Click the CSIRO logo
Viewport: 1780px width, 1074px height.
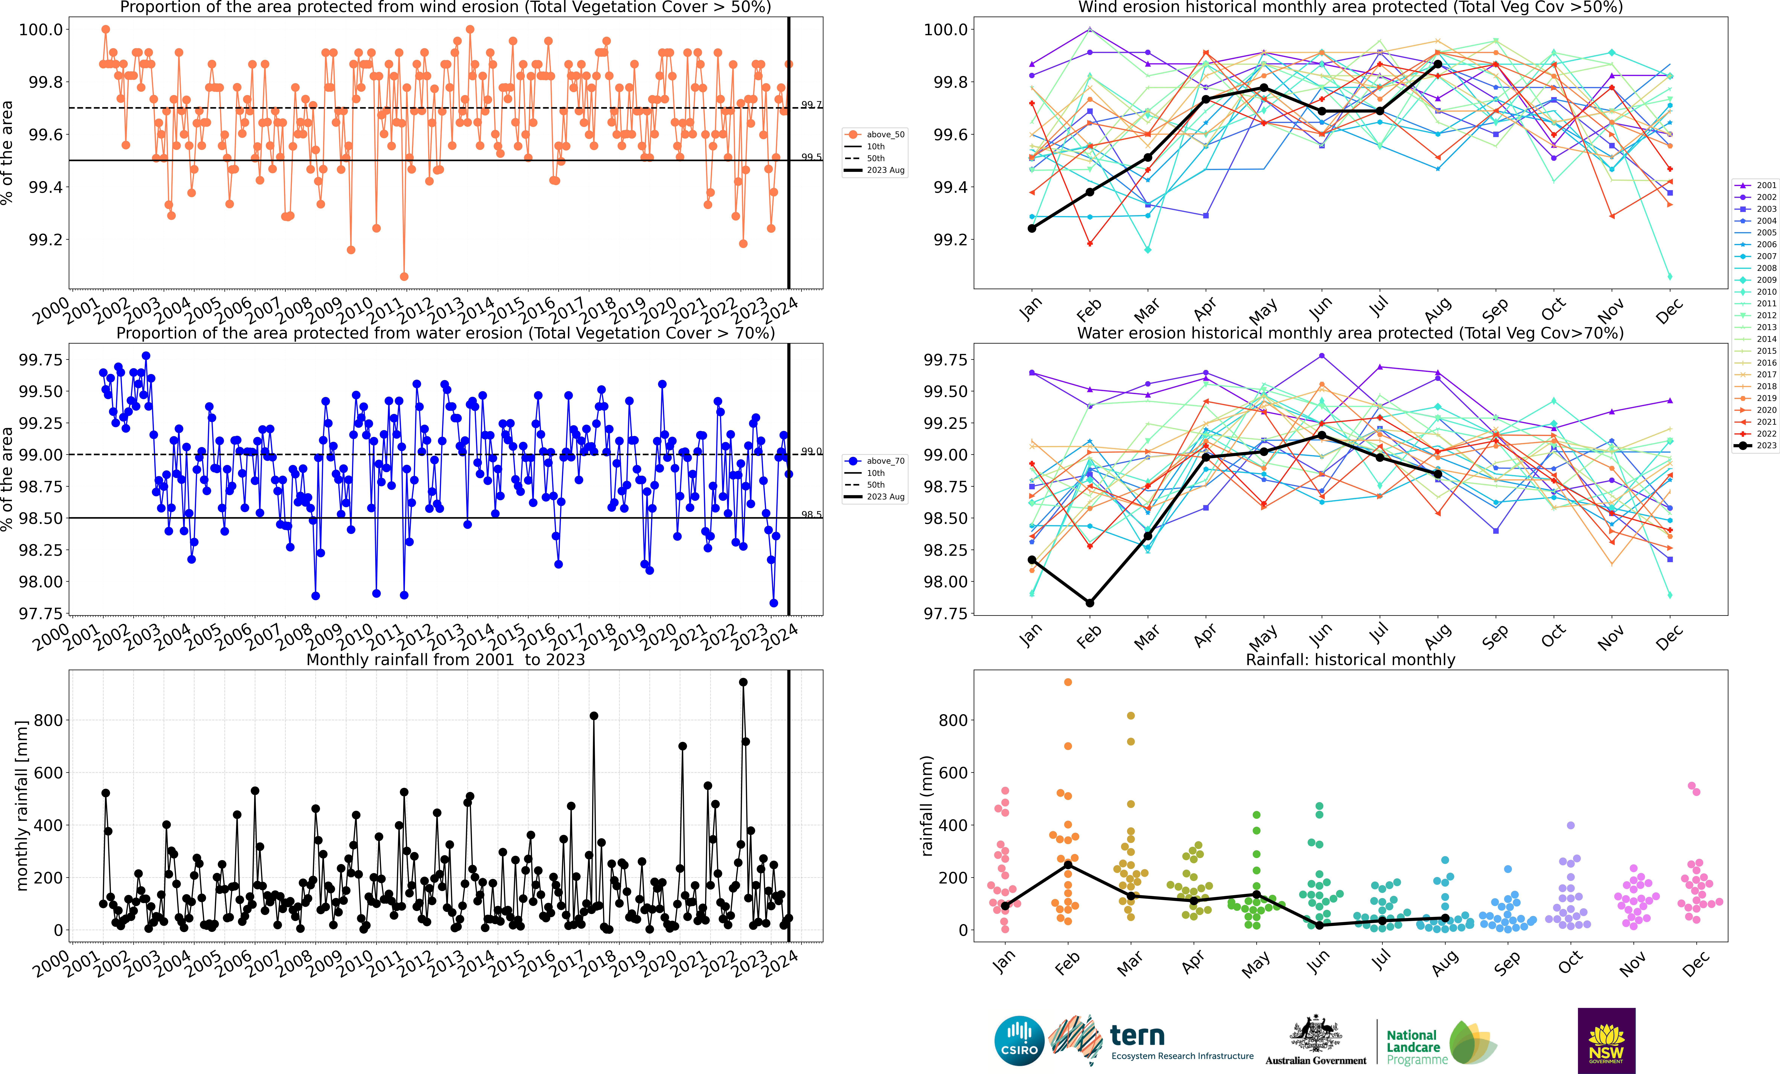click(x=1019, y=1041)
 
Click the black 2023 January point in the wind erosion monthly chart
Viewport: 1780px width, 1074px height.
click(x=1032, y=228)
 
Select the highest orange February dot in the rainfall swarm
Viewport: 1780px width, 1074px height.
click(x=1068, y=682)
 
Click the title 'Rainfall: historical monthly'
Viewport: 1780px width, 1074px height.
click(x=1350, y=659)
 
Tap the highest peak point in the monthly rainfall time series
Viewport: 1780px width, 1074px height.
click(x=743, y=682)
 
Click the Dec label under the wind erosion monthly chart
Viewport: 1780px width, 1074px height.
click(x=1669, y=311)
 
